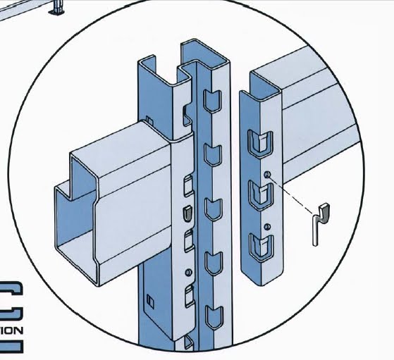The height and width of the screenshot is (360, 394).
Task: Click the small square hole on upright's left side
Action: click(x=149, y=300)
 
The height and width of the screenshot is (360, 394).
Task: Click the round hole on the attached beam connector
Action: click(x=187, y=272)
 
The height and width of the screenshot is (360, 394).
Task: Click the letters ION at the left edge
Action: click(x=13, y=329)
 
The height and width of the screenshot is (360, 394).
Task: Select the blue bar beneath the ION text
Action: click(x=11, y=346)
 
